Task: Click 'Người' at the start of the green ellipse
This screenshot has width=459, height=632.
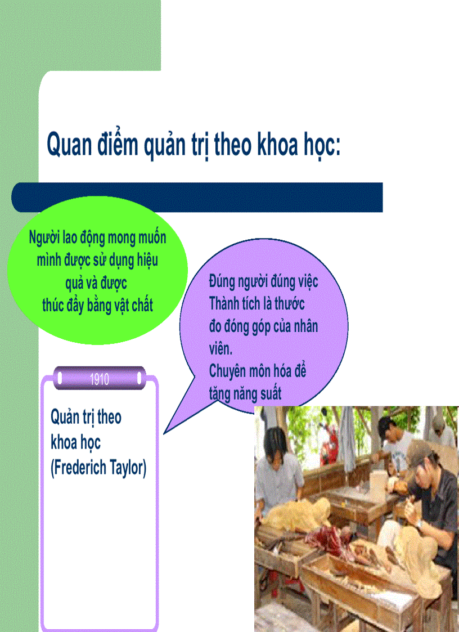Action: click(44, 237)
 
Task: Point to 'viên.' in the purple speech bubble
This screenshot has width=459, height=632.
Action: click(220, 349)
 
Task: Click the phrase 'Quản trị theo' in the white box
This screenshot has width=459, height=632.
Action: click(86, 418)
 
